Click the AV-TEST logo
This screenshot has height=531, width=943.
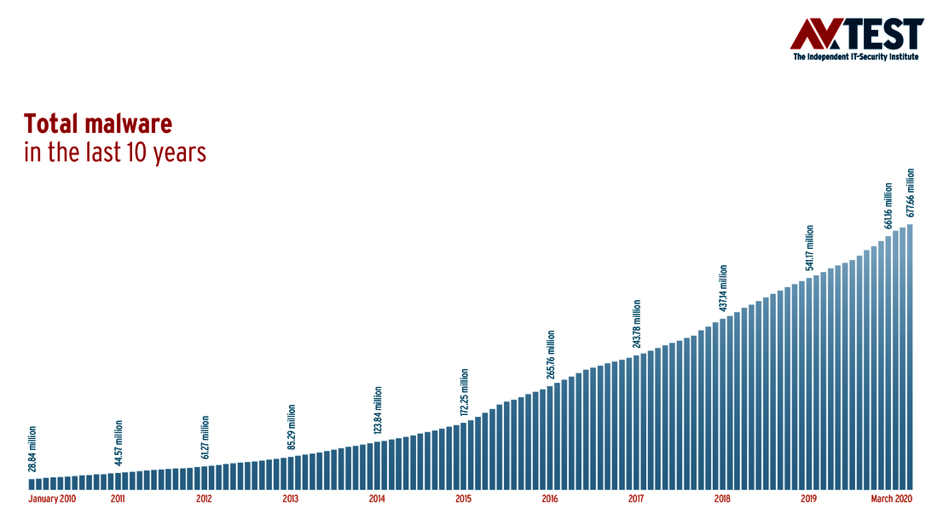point(857,34)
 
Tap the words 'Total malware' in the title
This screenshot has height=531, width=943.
point(98,124)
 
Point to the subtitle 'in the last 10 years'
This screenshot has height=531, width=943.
point(115,153)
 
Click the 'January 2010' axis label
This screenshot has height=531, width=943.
point(52,499)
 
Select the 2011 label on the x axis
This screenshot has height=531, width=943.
point(118,499)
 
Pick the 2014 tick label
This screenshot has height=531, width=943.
point(377,499)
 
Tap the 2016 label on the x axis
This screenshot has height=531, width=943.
point(549,499)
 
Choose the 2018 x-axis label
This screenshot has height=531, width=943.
point(722,499)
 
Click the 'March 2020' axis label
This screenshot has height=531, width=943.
point(892,499)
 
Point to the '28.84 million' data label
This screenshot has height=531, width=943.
point(32,448)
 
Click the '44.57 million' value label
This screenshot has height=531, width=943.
point(119,442)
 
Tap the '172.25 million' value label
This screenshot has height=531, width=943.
point(465,392)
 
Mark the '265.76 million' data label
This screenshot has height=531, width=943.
point(551,355)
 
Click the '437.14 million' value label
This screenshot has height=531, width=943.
point(723,289)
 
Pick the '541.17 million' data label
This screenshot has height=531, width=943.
point(810,248)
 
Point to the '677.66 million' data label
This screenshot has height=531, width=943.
point(911,193)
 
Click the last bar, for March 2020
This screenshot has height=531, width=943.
point(911,358)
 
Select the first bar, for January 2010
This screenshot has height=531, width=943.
point(32,484)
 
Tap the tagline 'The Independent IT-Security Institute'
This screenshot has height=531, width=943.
point(858,57)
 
